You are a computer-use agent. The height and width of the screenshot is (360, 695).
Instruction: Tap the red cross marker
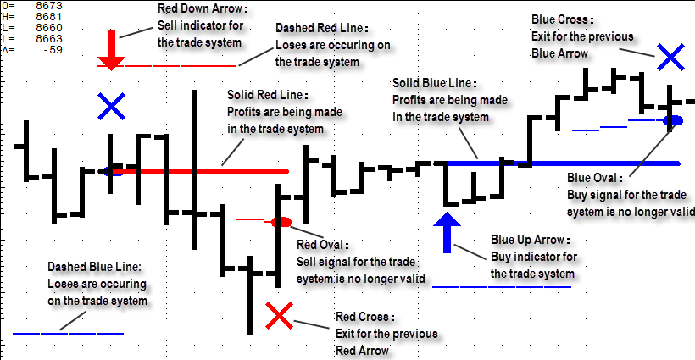[x=280, y=317]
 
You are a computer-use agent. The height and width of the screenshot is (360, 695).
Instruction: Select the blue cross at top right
[x=670, y=57]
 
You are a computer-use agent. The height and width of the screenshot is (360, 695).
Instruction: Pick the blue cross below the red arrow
[x=111, y=106]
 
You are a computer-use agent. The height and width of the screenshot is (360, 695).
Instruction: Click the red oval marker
[x=281, y=221]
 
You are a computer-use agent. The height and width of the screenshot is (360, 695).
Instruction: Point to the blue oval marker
[x=673, y=121]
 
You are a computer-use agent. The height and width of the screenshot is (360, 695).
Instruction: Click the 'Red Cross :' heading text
[x=365, y=317]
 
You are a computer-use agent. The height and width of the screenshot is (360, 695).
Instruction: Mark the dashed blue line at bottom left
[x=68, y=333]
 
